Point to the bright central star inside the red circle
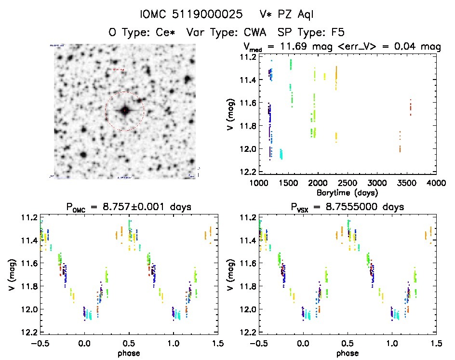click(x=124, y=110)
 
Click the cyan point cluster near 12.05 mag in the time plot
click(x=281, y=154)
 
